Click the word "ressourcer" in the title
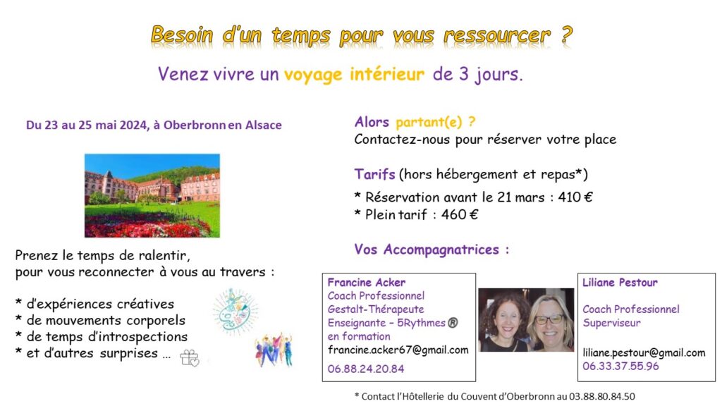click(x=497, y=35)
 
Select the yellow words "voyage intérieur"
click(x=354, y=75)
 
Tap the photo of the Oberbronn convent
click(x=152, y=196)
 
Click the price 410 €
click(x=575, y=197)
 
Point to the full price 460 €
click(x=460, y=214)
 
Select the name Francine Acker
click(x=367, y=282)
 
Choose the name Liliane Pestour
click(x=620, y=282)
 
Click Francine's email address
click(x=398, y=350)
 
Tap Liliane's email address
click(x=644, y=352)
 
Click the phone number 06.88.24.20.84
click(x=366, y=369)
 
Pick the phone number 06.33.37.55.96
click(x=620, y=366)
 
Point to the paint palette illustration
click(x=235, y=312)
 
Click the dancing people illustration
click(x=274, y=350)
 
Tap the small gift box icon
click(x=189, y=357)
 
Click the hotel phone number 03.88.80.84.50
click(x=602, y=396)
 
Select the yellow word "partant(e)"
click(x=429, y=122)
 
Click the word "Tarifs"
click(x=375, y=175)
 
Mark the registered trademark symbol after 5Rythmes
click(x=453, y=323)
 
